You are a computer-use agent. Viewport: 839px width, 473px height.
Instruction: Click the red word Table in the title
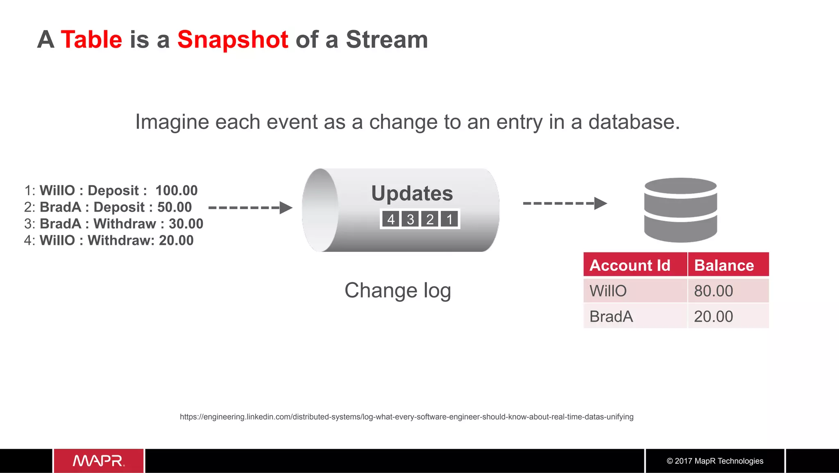[91, 40]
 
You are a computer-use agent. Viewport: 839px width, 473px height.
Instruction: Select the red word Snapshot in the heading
[233, 40]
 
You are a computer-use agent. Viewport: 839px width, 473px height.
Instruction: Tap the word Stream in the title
[387, 40]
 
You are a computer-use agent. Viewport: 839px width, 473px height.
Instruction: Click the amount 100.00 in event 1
[177, 190]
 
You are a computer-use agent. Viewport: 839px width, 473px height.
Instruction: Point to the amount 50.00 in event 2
[175, 207]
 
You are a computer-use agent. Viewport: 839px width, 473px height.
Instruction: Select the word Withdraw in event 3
[125, 224]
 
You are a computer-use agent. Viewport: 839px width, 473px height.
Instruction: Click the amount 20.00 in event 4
[176, 240]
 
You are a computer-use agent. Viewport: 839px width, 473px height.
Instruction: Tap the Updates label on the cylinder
[412, 193]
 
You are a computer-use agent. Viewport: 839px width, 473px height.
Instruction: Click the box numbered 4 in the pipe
[391, 219]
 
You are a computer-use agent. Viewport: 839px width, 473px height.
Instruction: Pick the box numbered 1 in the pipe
[449, 219]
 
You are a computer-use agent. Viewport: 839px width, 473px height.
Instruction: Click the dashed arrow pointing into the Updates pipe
[250, 208]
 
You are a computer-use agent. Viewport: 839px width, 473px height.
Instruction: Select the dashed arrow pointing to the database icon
[565, 203]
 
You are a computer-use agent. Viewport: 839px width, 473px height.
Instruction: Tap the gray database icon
[680, 210]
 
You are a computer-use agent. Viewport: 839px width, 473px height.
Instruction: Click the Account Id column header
[630, 265]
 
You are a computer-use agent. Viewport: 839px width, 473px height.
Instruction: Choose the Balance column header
[724, 265]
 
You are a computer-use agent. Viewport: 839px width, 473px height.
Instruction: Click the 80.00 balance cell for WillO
[713, 291]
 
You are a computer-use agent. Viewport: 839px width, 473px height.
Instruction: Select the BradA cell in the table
[611, 317]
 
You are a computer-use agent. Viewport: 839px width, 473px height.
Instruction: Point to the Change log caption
[397, 290]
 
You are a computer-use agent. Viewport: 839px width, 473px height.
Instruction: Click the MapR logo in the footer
[99, 461]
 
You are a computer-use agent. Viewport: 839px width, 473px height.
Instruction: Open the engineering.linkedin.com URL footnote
[406, 417]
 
